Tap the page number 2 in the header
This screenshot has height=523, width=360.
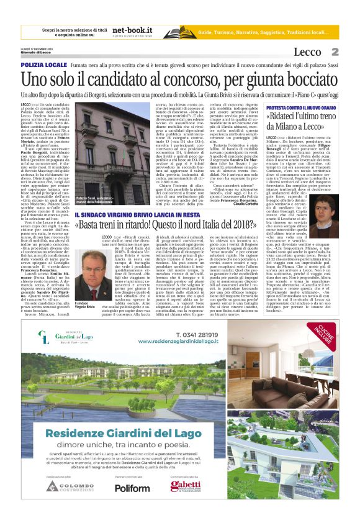(x=335, y=52)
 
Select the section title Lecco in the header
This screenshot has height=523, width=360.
(x=308, y=52)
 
